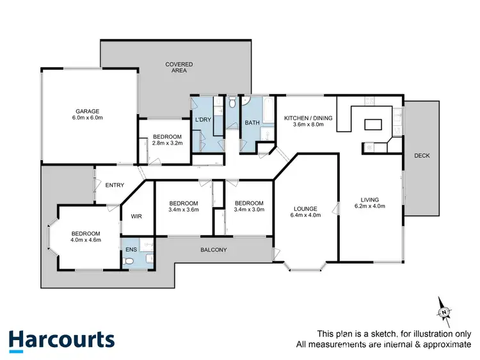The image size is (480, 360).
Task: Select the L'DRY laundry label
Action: coord(202,120)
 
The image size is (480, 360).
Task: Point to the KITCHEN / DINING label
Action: coord(304,117)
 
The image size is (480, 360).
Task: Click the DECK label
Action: coord(421,155)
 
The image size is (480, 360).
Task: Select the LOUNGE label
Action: coord(305,209)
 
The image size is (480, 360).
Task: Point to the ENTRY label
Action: coord(115,185)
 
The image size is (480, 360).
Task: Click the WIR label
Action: coord(136,217)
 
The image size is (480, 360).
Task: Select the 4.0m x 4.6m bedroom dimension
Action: coord(85,241)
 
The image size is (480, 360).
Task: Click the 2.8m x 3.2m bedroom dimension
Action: coord(167,143)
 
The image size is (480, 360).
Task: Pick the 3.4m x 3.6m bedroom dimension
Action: coord(184,209)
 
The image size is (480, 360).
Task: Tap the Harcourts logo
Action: coord(61,339)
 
